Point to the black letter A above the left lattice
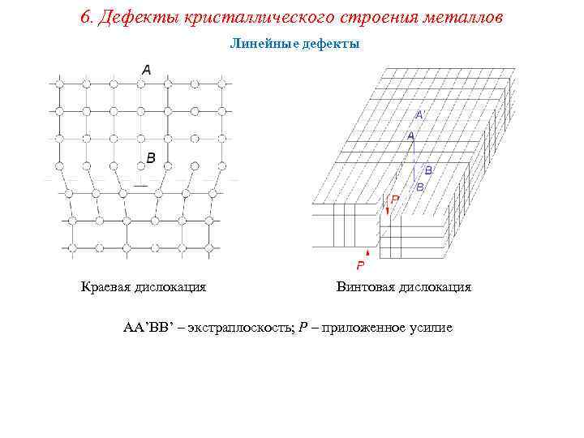point(146,71)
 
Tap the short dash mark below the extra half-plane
point(140,186)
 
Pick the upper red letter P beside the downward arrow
point(395,199)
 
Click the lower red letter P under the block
point(361,265)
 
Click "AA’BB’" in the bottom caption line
point(149,328)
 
